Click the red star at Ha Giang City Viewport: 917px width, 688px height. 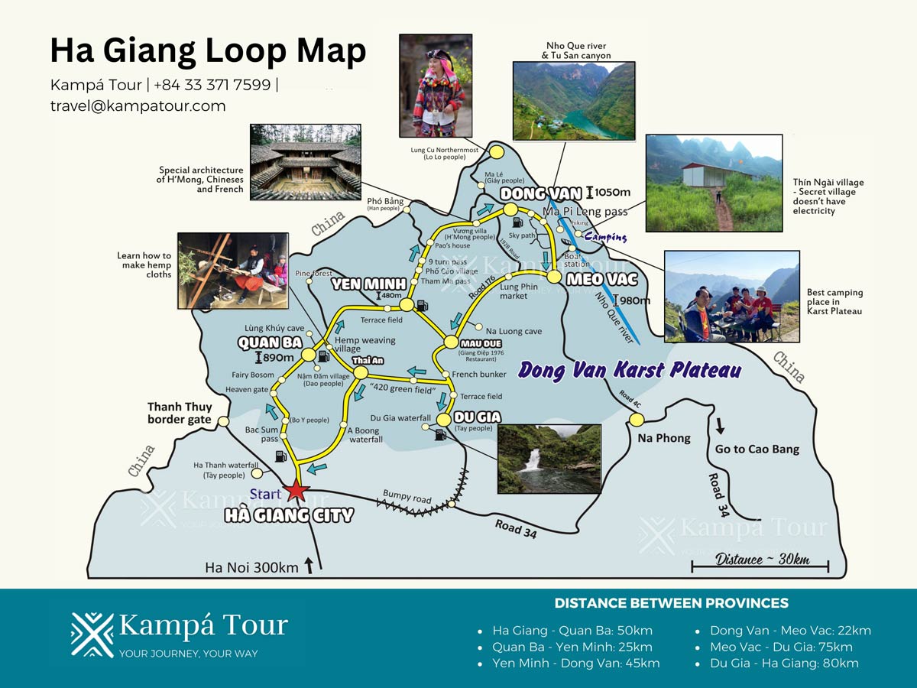point(296,492)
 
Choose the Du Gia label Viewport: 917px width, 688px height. point(478,417)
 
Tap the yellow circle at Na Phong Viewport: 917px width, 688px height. point(637,419)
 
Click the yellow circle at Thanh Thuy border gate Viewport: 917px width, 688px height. point(223,421)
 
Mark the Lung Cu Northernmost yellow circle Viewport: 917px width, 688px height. point(497,151)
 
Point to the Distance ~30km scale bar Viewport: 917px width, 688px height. point(760,566)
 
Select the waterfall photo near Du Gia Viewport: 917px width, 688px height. point(549,459)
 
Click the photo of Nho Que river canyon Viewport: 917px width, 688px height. point(573,101)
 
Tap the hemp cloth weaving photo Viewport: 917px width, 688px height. point(233,271)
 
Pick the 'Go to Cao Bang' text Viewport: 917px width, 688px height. point(757,449)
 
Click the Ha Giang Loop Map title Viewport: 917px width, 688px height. point(208,51)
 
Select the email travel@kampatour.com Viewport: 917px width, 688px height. point(138,106)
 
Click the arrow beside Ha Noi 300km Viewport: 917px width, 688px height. point(309,566)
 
